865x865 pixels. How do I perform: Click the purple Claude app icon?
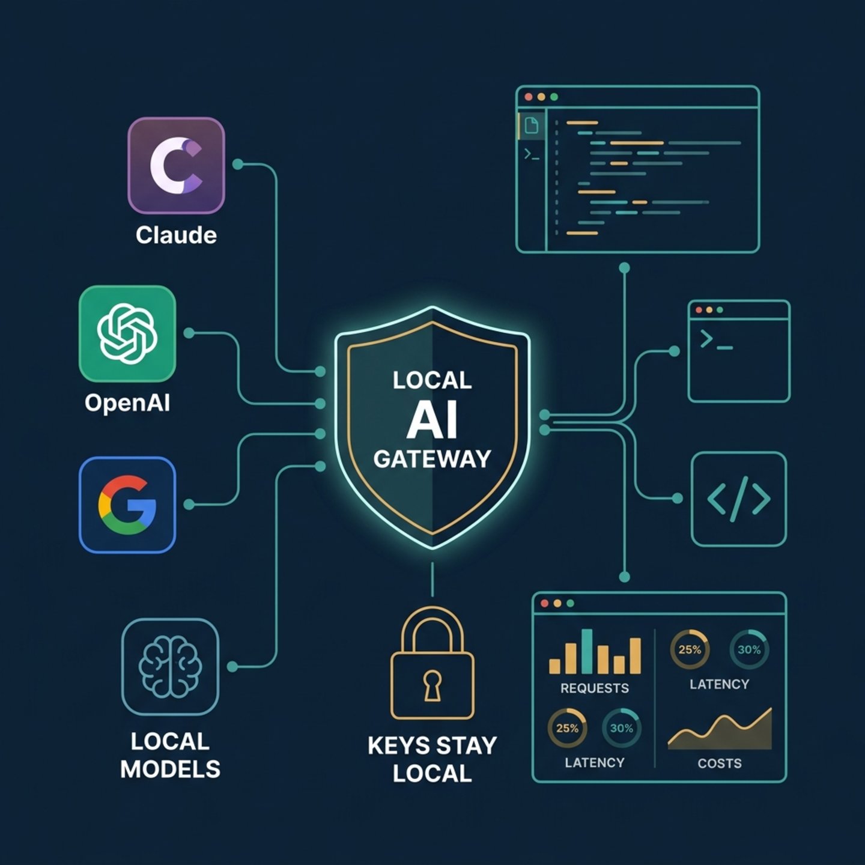pyautogui.click(x=176, y=165)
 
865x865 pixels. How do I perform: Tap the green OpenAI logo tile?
pyautogui.click(x=127, y=333)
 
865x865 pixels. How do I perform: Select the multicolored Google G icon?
pyautogui.click(x=127, y=505)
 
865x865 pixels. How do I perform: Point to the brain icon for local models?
pyautogui.click(x=170, y=666)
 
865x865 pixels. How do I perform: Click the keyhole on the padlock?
pyautogui.click(x=432, y=685)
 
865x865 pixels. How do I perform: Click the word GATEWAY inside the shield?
pyautogui.click(x=432, y=459)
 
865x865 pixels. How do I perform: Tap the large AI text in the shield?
pyautogui.click(x=432, y=420)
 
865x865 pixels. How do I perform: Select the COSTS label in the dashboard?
pyautogui.click(x=720, y=763)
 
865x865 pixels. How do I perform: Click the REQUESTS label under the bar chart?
pyautogui.click(x=595, y=688)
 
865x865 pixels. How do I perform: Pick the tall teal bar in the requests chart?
pyautogui.click(x=587, y=651)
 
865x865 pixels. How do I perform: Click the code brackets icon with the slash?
pyautogui.click(x=739, y=499)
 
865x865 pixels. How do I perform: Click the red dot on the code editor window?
pyautogui.click(x=529, y=97)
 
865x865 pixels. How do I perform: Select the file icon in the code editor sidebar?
pyautogui.click(x=532, y=125)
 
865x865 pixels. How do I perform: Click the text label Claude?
pyautogui.click(x=176, y=235)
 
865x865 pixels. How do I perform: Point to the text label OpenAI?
pyautogui.click(x=127, y=403)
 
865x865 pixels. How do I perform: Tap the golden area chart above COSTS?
pyautogui.click(x=720, y=729)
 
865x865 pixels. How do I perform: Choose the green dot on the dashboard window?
pyautogui.click(x=570, y=603)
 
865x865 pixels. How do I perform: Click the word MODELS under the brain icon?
pyautogui.click(x=170, y=769)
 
